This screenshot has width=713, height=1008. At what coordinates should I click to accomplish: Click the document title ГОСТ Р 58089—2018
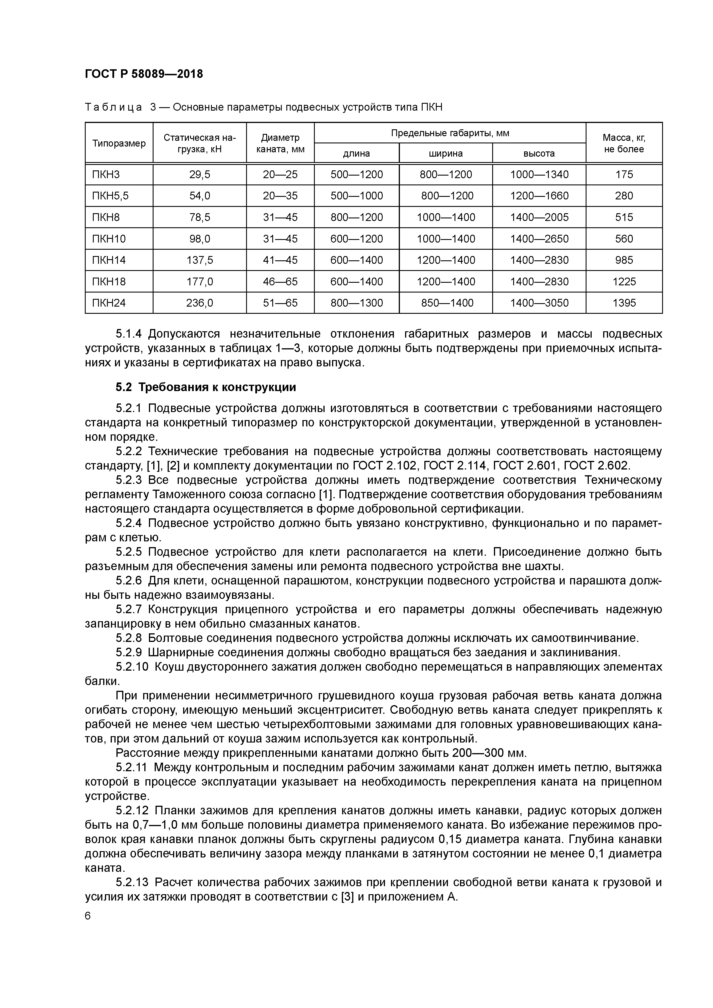click(144, 74)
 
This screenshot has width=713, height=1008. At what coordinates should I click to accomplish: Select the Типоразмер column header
click(119, 144)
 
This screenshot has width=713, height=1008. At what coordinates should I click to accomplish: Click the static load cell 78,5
click(200, 217)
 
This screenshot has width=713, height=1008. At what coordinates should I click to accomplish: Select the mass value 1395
click(624, 303)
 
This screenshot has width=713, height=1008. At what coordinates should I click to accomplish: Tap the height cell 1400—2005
click(539, 217)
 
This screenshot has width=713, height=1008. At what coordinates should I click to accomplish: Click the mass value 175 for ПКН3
click(624, 175)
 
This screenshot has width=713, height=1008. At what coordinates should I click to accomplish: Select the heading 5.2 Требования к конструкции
click(206, 387)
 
